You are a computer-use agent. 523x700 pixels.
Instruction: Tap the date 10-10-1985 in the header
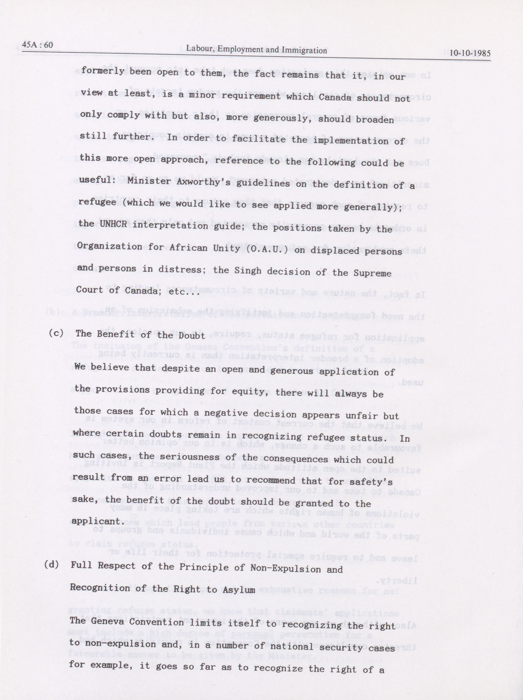pos(470,53)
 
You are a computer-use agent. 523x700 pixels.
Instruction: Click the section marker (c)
pos(56,333)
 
